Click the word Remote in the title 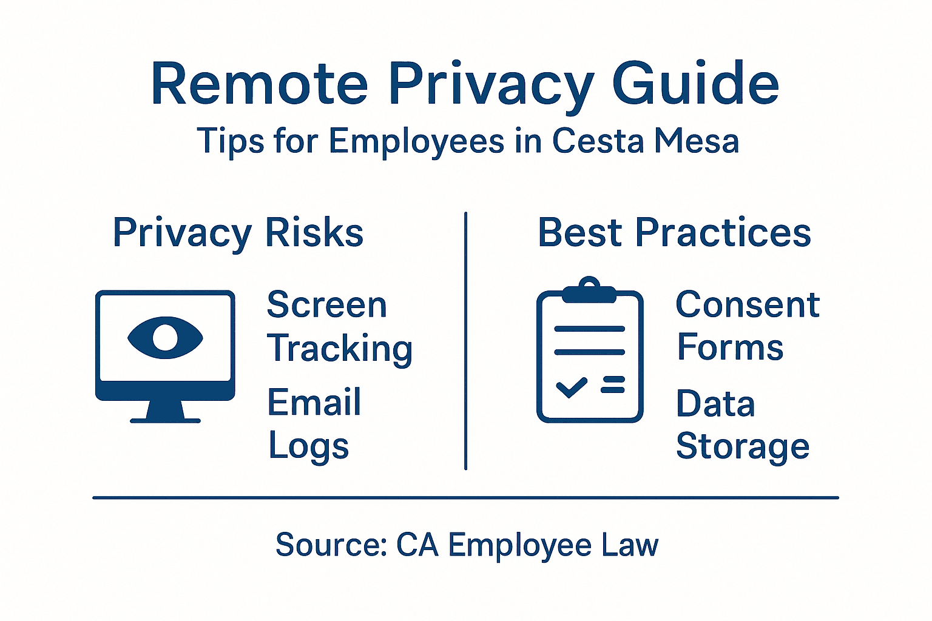pyautogui.click(x=260, y=84)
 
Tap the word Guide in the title pyautogui.click(x=695, y=84)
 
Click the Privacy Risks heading pyautogui.click(x=238, y=233)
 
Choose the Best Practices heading pyautogui.click(x=674, y=233)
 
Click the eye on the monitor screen pyautogui.click(x=165, y=337)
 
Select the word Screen pyautogui.click(x=326, y=304)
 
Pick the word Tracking pyautogui.click(x=340, y=349)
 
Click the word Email pyautogui.click(x=314, y=403)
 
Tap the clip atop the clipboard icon pyautogui.click(x=590, y=290)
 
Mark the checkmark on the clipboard pyautogui.click(x=572, y=386)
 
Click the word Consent pyautogui.click(x=748, y=304)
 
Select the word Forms pyautogui.click(x=730, y=348)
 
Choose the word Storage pyautogui.click(x=743, y=448)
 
